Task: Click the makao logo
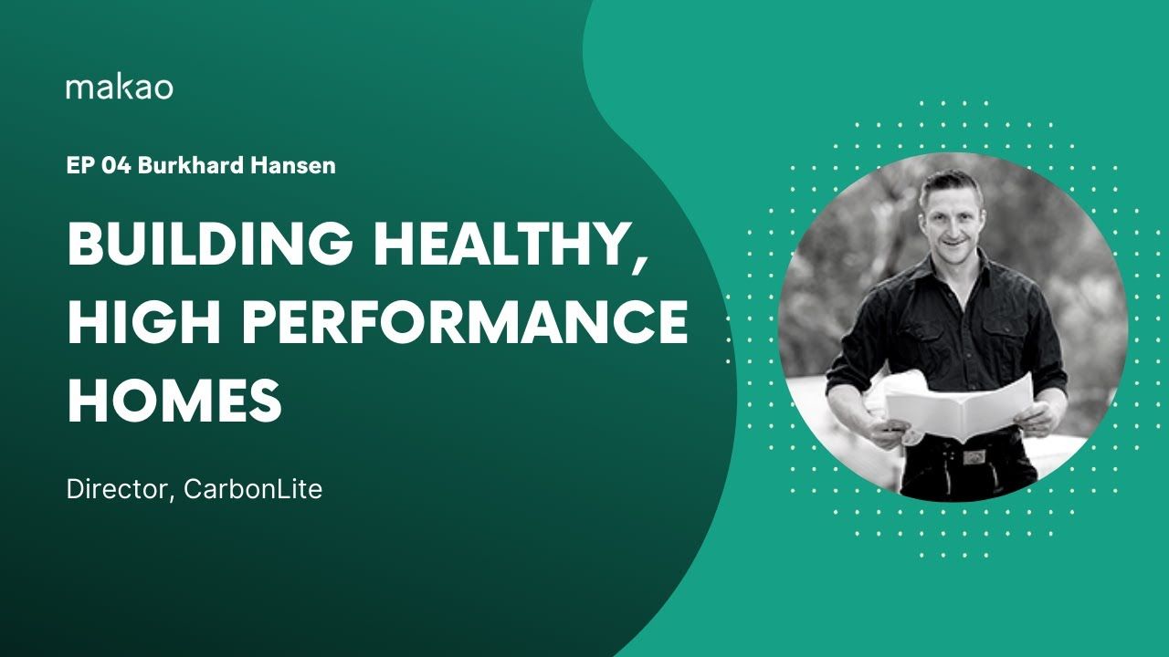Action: [120, 89]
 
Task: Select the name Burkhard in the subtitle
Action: [191, 166]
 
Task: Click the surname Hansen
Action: [293, 166]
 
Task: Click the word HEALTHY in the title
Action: [502, 243]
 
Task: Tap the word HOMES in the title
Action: [174, 400]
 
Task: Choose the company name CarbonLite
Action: [253, 489]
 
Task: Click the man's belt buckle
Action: [974, 457]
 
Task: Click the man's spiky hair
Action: [950, 186]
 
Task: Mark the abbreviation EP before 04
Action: [81, 166]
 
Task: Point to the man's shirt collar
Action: [955, 271]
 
